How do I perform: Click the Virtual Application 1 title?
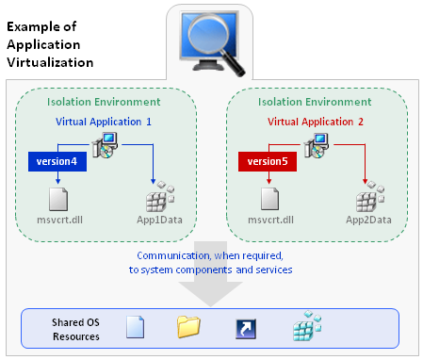pyautogui.click(x=104, y=122)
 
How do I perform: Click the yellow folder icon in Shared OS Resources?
pyautogui.click(x=189, y=327)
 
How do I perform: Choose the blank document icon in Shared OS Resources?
pyautogui.click(x=136, y=327)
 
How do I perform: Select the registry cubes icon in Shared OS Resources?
pyautogui.click(x=304, y=327)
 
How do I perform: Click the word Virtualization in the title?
pyautogui.click(x=49, y=62)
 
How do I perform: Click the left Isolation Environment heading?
pyautogui.click(x=104, y=102)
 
